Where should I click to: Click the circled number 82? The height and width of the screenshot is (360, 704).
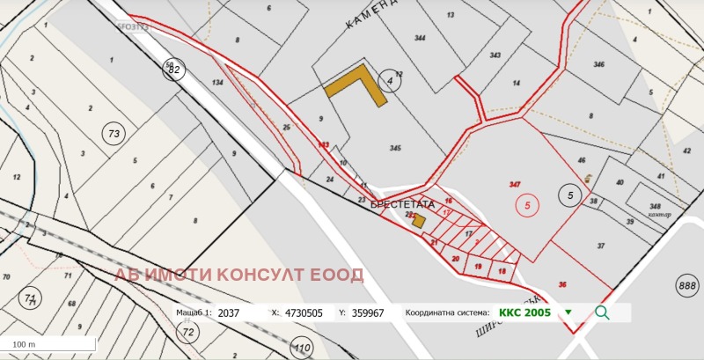coord(175,70)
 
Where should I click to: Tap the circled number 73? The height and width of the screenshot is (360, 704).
coord(113,133)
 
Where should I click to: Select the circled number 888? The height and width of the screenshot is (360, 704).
coord(687,285)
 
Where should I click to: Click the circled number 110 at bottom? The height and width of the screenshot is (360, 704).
coord(303,349)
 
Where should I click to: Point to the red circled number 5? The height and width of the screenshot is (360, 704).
coord(527,205)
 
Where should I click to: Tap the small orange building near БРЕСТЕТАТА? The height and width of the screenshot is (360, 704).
coord(420,221)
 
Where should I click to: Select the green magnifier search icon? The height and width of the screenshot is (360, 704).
coord(602,312)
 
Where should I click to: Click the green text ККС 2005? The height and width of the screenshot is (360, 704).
coord(524,312)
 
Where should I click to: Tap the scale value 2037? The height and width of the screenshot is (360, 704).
coord(228,312)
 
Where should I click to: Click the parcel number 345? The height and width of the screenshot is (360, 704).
coord(395,148)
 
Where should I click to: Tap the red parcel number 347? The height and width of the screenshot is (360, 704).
coord(515,184)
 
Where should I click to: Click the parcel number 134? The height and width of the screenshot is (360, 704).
coord(217,83)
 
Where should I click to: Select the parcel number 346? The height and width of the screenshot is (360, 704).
coord(599,64)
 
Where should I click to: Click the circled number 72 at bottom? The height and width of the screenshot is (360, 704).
coord(187,332)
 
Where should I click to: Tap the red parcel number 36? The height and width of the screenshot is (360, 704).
coord(562,283)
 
